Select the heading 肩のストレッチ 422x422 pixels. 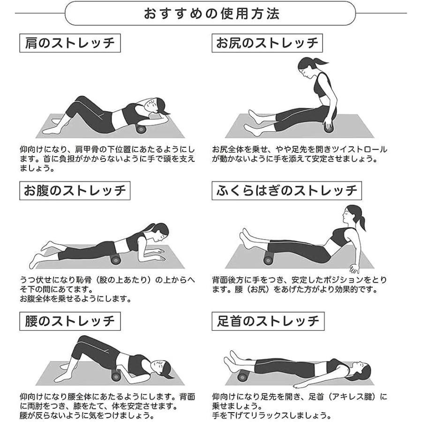click(x=70, y=44)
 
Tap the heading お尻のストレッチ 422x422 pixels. click(x=267, y=44)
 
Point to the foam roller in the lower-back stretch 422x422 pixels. click(x=116, y=377)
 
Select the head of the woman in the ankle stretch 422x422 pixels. click(x=360, y=368)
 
